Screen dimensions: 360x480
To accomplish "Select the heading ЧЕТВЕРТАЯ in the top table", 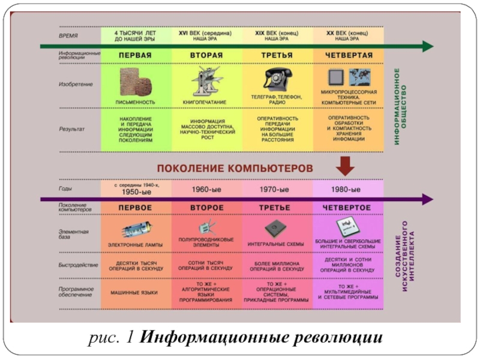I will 348,55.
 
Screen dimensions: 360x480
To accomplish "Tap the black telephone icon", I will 277,79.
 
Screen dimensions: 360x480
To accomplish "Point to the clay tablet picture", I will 136,82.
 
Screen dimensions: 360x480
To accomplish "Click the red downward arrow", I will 347,164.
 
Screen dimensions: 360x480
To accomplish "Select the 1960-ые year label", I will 206,190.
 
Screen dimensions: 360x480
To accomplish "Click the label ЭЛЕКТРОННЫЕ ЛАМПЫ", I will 134,244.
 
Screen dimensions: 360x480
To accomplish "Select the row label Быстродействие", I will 79,265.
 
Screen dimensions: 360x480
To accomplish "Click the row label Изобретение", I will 76,84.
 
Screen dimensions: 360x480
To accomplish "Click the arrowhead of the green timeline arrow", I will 427,46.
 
